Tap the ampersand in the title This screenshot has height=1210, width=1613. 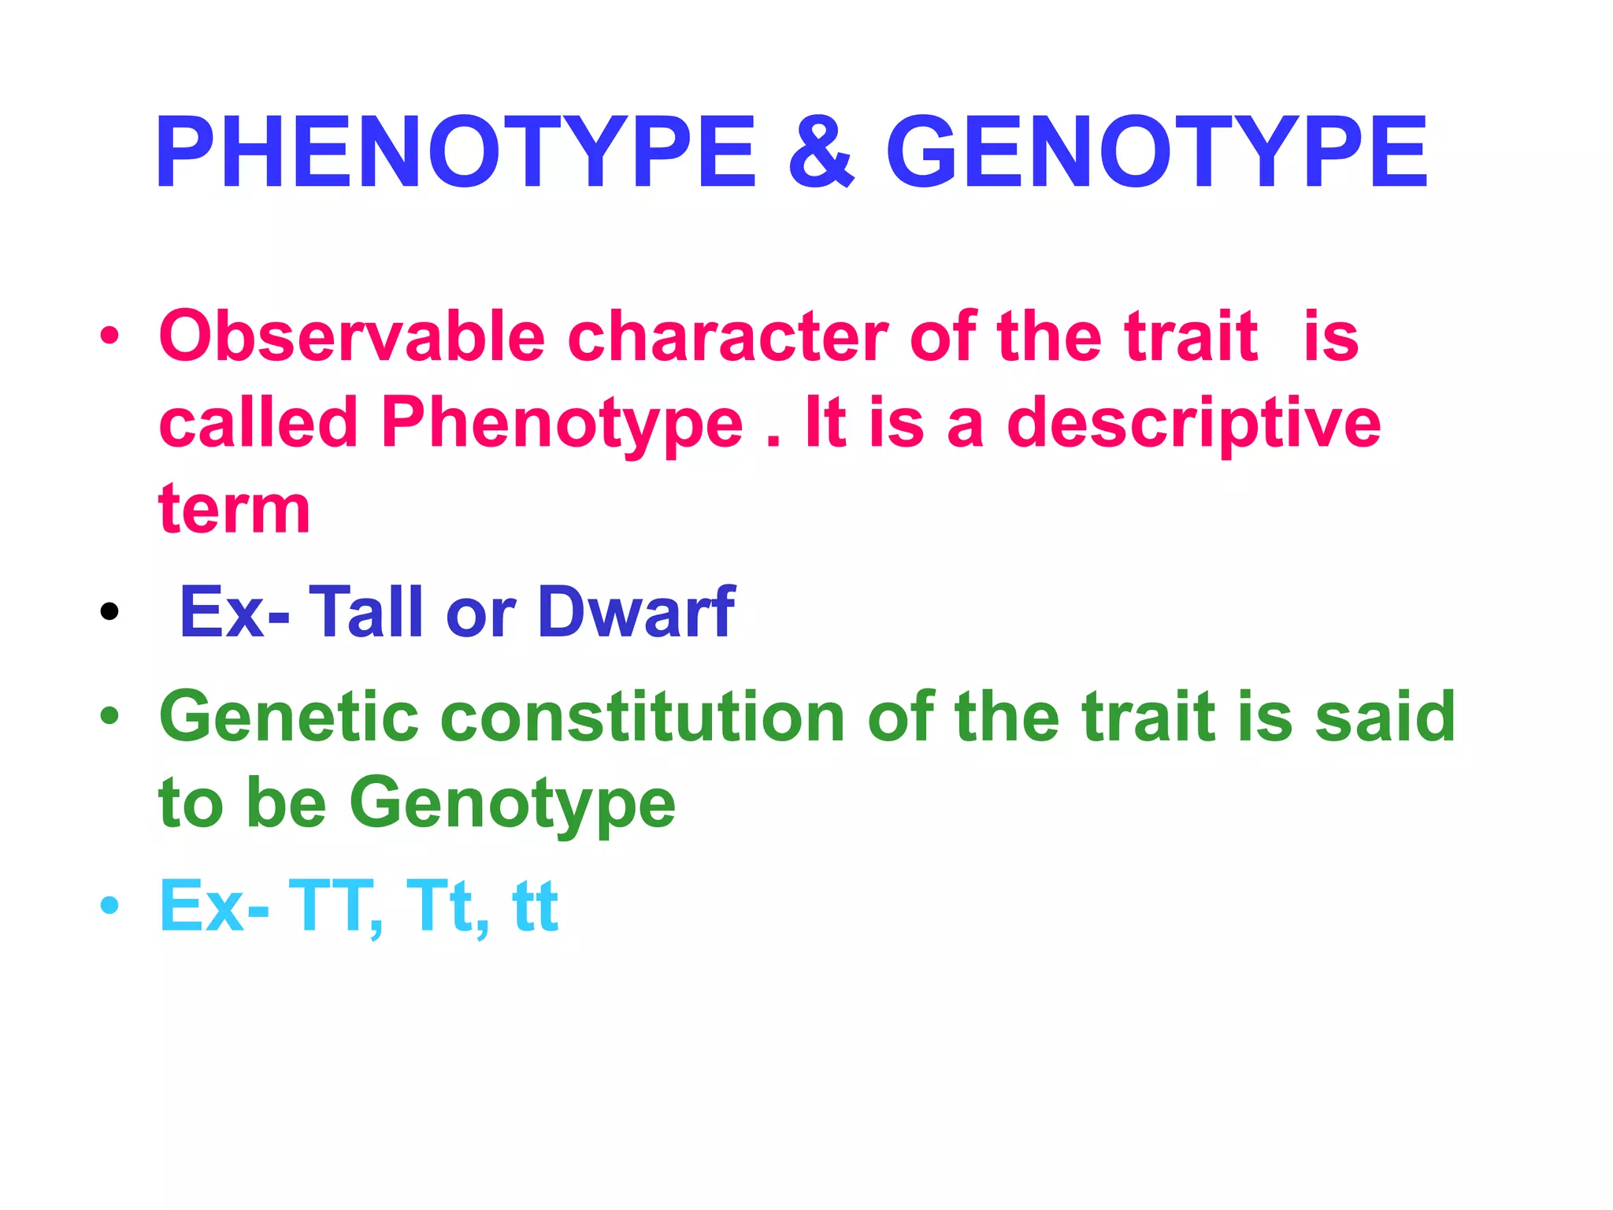point(821,154)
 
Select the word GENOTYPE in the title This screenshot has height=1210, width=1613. point(1156,154)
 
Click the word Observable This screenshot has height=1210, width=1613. point(352,337)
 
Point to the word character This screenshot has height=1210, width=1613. point(728,337)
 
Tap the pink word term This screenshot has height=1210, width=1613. point(235,510)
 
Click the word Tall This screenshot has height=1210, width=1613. point(367,612)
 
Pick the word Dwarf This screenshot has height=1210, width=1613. point(636,612)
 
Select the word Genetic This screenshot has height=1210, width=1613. point(288,717)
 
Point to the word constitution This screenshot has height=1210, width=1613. point(642,717)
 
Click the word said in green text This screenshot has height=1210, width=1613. point(1385,717)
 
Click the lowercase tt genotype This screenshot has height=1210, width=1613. point(535,907)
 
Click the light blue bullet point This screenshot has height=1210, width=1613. point(109,905)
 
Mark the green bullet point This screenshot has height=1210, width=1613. point(109,715)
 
